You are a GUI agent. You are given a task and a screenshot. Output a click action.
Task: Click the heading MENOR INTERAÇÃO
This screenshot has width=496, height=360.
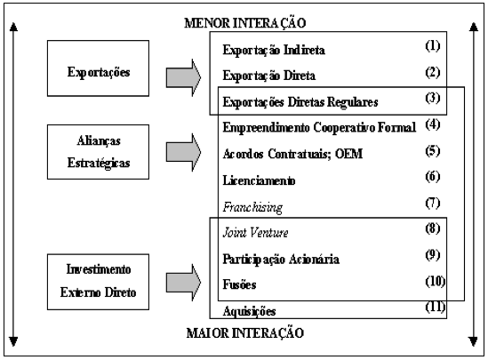pos(245,23)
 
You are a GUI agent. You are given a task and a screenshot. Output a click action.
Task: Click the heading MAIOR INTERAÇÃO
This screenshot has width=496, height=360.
pos(245,333)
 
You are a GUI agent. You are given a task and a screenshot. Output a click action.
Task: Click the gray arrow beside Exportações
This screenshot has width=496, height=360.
pos(183,77)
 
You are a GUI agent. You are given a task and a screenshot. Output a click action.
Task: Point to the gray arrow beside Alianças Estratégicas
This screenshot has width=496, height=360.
pos(183,152)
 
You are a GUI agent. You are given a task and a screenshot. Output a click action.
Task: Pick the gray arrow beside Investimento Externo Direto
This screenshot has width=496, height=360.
pos(183,282)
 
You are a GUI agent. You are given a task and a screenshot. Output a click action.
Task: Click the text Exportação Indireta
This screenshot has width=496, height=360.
pos(274,50)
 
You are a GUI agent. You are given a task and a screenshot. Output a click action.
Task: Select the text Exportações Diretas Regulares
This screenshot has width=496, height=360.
pos(300,102)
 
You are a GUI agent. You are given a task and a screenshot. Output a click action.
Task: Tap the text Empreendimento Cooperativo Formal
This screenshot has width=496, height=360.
pos(319,127)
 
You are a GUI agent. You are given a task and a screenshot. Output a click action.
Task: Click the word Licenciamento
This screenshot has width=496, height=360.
pos(259,180)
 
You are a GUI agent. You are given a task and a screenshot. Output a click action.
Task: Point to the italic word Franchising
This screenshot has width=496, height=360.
pos(252,207)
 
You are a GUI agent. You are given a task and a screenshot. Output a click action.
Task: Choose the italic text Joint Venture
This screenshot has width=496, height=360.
pos(256,233)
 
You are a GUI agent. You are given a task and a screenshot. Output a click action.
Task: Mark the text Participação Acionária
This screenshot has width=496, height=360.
pos(281,259)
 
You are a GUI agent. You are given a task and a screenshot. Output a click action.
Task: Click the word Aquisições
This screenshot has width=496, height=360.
pos(249,311)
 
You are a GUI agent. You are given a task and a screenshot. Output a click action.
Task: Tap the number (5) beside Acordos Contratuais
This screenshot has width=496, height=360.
pos(433,151)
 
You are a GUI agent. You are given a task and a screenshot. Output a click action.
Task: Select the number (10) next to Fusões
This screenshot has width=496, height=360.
pos(436,281)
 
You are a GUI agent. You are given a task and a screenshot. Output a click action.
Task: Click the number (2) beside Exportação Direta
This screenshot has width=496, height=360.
pos(433,72)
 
